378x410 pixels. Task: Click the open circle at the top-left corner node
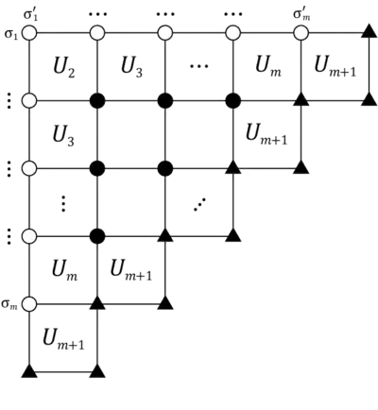click(x=29, y=33)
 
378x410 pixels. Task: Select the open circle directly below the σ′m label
click(x=301, y=33)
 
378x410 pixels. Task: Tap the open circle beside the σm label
click(x=29, y=304)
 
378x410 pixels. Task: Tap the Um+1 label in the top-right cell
click(x=335, y=64)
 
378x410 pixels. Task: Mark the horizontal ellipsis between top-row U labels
click(x=199, y=66)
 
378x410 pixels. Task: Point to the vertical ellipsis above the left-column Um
click(x=62, y=201)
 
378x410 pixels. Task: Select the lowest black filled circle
click(x=97, y=235)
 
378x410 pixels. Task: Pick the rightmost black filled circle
click(x=232, y=99)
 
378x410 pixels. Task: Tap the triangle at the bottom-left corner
click(x=29, y=371)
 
